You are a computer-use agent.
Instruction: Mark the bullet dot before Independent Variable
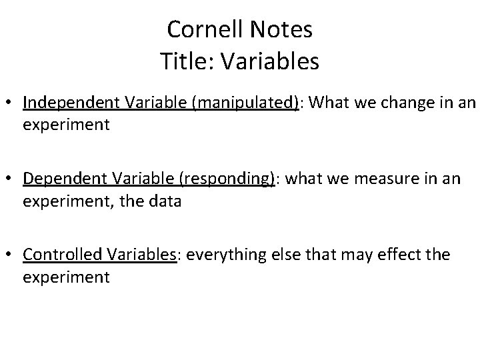coord(11,104)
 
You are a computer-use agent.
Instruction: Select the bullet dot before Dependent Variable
coord(11,179)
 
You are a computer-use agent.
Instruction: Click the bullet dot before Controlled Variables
coord(11,255)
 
